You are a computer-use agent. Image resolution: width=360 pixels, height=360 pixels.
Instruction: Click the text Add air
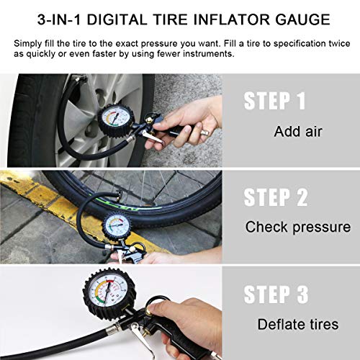[x=297, y=132]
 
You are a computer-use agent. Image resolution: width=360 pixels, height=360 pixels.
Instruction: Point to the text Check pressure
[x=297, y=228]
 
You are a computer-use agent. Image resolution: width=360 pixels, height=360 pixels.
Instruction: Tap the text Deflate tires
[x=297, y=323]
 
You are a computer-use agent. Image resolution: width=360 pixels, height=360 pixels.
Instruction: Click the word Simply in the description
[x=31, y=44]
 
